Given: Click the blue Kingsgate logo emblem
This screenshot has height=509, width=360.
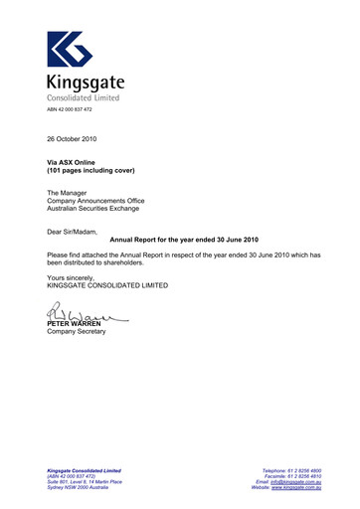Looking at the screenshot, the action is pyautogui.click(x=71, y=50).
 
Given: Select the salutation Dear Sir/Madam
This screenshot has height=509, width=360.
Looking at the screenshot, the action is pyautogui.click(x=73, y=231).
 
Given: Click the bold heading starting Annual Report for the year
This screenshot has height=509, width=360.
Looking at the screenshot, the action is pyautogui.click(x=183, y=240).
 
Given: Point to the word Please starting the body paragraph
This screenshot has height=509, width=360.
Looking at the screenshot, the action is pyautogui.click(x=61, y=254).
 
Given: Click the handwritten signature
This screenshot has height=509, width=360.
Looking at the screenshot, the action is pyautogui.click(x=84, y=316).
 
